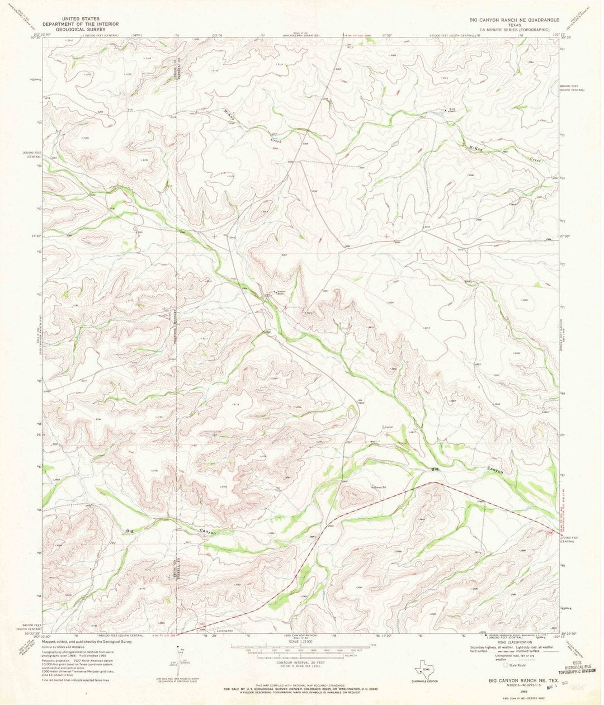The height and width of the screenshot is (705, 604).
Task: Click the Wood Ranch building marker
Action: (x=445, y=110)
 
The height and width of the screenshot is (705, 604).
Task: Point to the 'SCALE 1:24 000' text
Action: (x=301, y=642)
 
